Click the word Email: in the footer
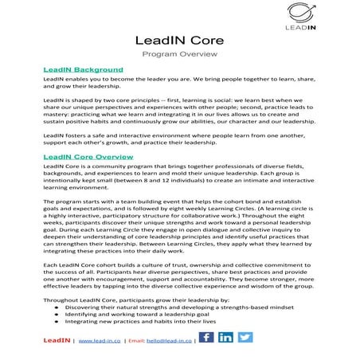135,340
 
